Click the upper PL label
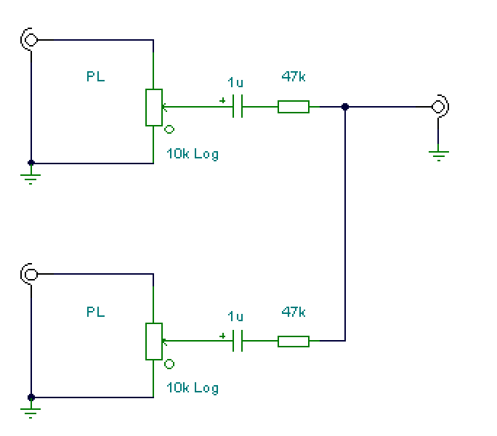(x=95, y=76)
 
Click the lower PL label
(x=95, y=312)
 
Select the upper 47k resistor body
(x=294, y=107)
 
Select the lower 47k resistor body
(x=294, y=342)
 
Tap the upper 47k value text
(x=294, y=76)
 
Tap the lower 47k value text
(x=294, y=312)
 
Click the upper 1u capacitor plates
(x=238, y=106)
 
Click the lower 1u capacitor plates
(x=238, y=341)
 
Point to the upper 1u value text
(x=235, y=82)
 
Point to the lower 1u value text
(x=235, y=316)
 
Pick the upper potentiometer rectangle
(x=154, y=108)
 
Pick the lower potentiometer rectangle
(x=154, y=342)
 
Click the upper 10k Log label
(x=193, y=155)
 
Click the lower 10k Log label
(x=193, y=389)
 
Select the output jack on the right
(x=440, y=107)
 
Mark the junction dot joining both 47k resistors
(x=345, y=107)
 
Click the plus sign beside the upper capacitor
(x=222, y=100)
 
